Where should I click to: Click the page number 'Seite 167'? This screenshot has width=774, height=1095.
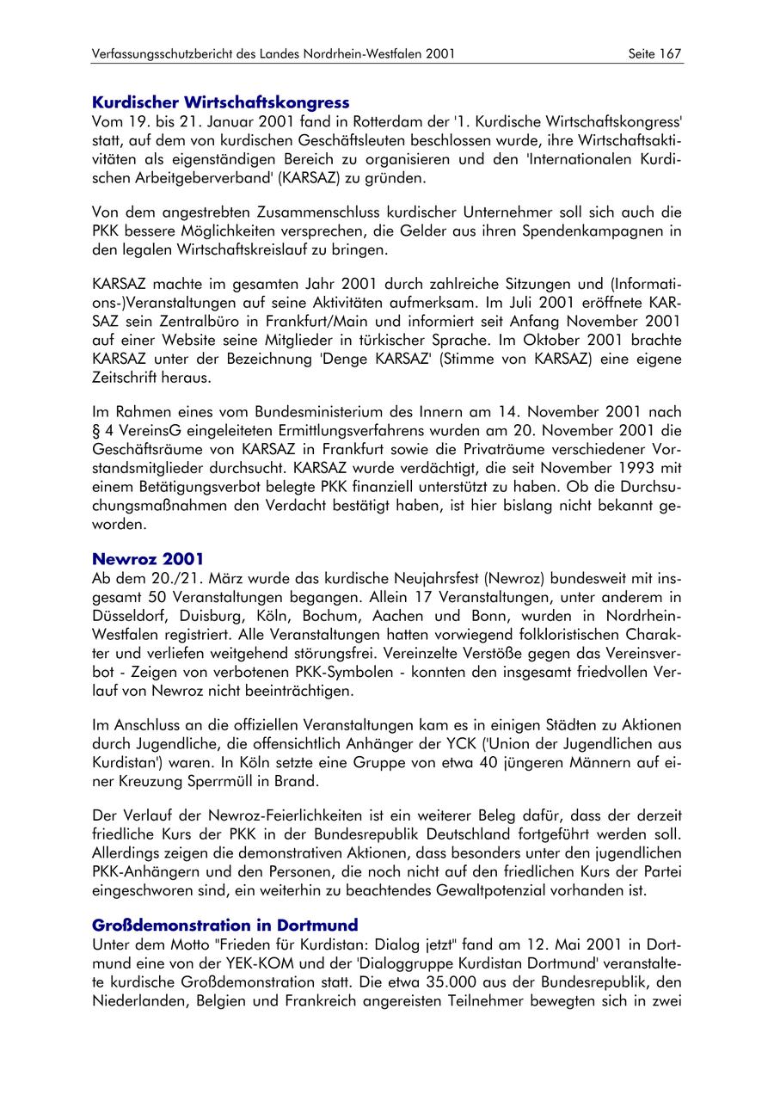coord(654,53)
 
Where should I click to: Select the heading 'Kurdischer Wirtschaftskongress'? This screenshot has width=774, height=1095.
coord(220,102)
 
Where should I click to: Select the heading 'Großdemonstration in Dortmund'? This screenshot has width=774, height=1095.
coord(224,925)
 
